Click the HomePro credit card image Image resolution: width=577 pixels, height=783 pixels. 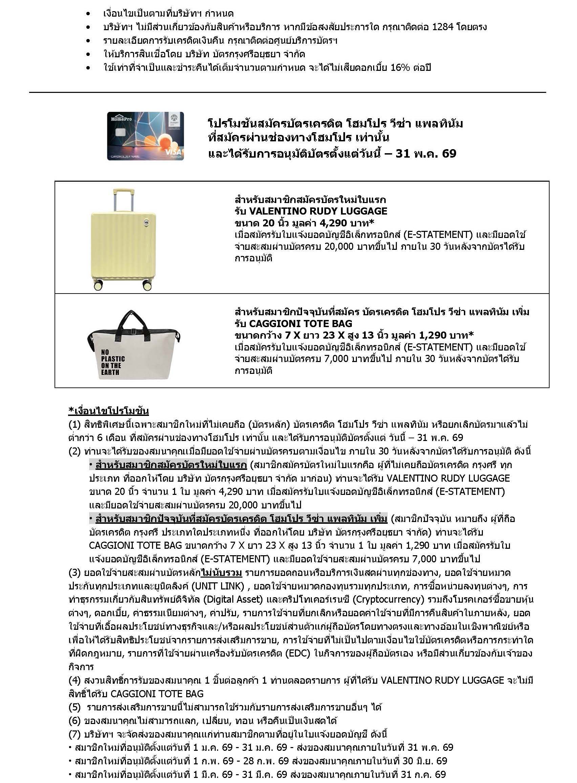coord(145,136)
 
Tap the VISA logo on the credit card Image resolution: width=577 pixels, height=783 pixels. coord(173,152)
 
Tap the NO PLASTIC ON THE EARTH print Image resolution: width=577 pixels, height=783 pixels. coord(112,362)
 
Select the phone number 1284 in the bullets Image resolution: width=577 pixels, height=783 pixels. coord(443,27)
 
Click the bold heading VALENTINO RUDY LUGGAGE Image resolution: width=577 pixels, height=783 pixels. coord(318,211)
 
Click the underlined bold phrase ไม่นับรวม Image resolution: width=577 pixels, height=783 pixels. coord(221,573)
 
